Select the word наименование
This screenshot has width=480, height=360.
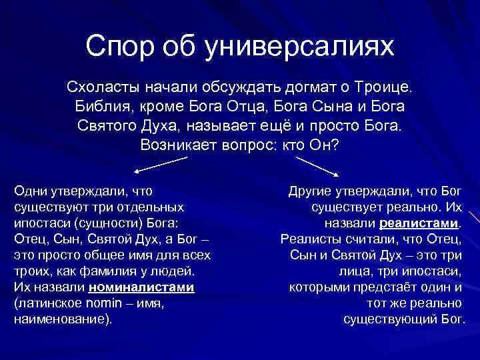coord(60,319)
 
